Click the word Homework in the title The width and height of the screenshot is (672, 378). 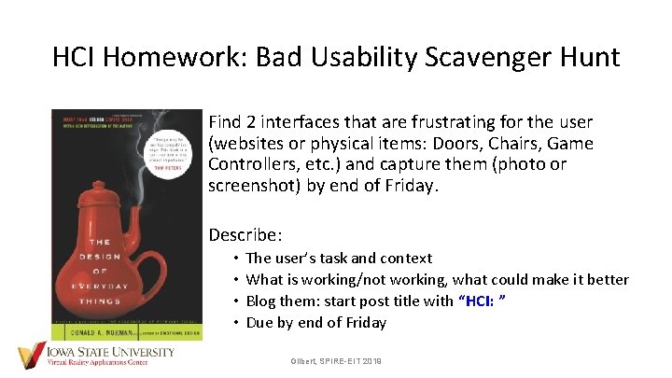172,58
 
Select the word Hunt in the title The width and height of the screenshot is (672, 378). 585,58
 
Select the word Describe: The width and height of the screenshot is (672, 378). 245,234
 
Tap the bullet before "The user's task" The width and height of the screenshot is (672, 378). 238,259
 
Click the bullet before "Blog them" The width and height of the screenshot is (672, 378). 238,301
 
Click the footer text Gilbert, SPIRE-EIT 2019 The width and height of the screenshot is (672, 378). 336,360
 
